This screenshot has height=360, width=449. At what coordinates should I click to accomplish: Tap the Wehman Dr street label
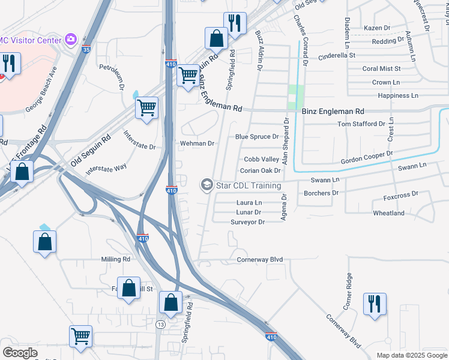coord(197,144)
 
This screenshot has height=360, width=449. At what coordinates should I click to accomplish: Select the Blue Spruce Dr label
coord(257,137)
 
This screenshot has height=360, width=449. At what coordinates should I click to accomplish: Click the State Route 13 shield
coord(160,325)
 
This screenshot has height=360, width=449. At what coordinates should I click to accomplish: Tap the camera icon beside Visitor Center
coord(71,40)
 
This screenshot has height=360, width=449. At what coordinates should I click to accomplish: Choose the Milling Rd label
coord(115,259)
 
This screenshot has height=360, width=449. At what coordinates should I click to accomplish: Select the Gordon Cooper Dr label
coord(366,157)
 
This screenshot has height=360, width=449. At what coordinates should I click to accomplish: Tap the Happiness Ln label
coord(398,95)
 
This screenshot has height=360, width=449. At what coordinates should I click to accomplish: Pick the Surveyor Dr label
coord(247,222)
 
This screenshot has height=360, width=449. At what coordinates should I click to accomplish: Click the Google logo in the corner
coord(20,353)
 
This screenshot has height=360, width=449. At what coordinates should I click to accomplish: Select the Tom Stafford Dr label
coord(361,124)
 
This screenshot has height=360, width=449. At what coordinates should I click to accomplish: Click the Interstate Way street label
coord(106,169)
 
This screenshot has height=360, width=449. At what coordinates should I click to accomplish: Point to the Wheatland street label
coord(388,213)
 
